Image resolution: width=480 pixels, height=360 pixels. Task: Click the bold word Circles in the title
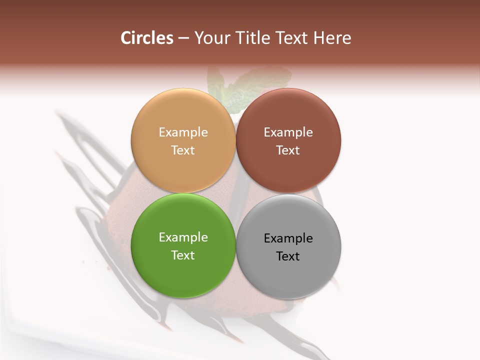(147, 38)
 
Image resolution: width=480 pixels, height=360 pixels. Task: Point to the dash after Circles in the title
(183, 38)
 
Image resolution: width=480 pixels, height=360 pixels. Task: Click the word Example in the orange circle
(183, 132)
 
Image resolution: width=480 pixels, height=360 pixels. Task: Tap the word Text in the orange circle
(183, 150)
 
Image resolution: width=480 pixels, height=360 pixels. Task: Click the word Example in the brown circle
(288, 132)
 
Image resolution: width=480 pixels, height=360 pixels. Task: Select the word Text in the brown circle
(288, 150)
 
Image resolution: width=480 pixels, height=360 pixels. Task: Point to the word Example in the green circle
(183, 237)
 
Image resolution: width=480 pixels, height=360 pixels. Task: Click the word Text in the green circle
(183, 255)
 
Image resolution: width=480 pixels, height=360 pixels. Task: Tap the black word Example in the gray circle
(288, 238)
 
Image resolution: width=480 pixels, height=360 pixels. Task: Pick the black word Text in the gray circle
(288, 256)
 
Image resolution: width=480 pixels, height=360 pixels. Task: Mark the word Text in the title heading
(289, 38)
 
